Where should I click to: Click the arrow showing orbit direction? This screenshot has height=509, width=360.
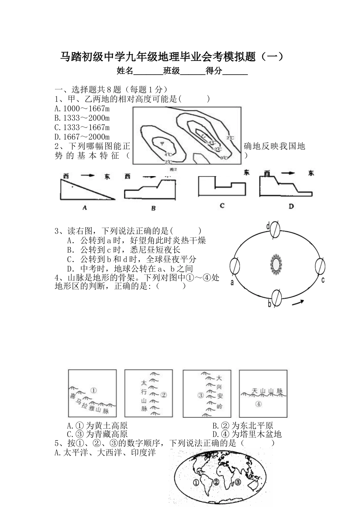coord(298,303)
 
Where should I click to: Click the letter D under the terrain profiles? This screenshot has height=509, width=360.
coord(291,206)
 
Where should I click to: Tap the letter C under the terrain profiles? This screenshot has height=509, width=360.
coord(222,206)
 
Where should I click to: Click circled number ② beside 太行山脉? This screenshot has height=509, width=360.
coord(163,395)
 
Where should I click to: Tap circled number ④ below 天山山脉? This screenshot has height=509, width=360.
coord(258,404)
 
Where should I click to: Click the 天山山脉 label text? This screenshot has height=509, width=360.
coord(267,391)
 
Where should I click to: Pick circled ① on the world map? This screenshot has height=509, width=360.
coord(196,483)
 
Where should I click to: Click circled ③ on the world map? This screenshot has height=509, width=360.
coord(237,482)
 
